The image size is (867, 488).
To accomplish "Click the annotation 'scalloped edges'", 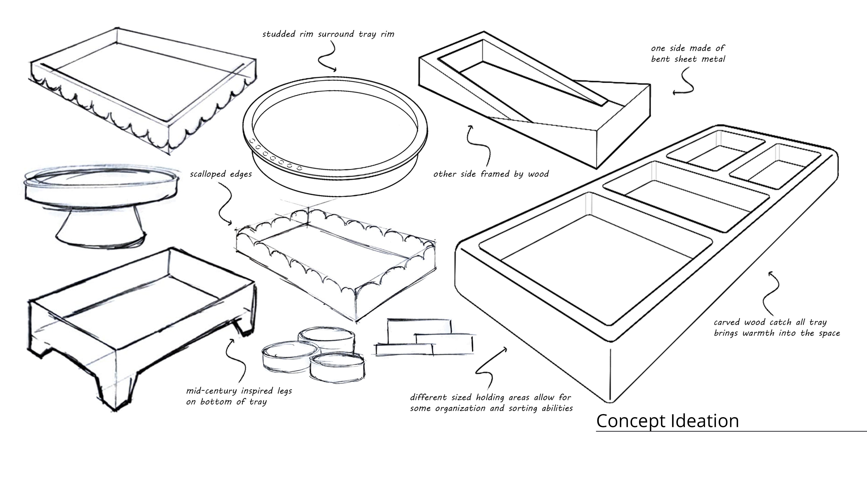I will (221, 174).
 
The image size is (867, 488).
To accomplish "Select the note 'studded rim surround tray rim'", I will (328, 34).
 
